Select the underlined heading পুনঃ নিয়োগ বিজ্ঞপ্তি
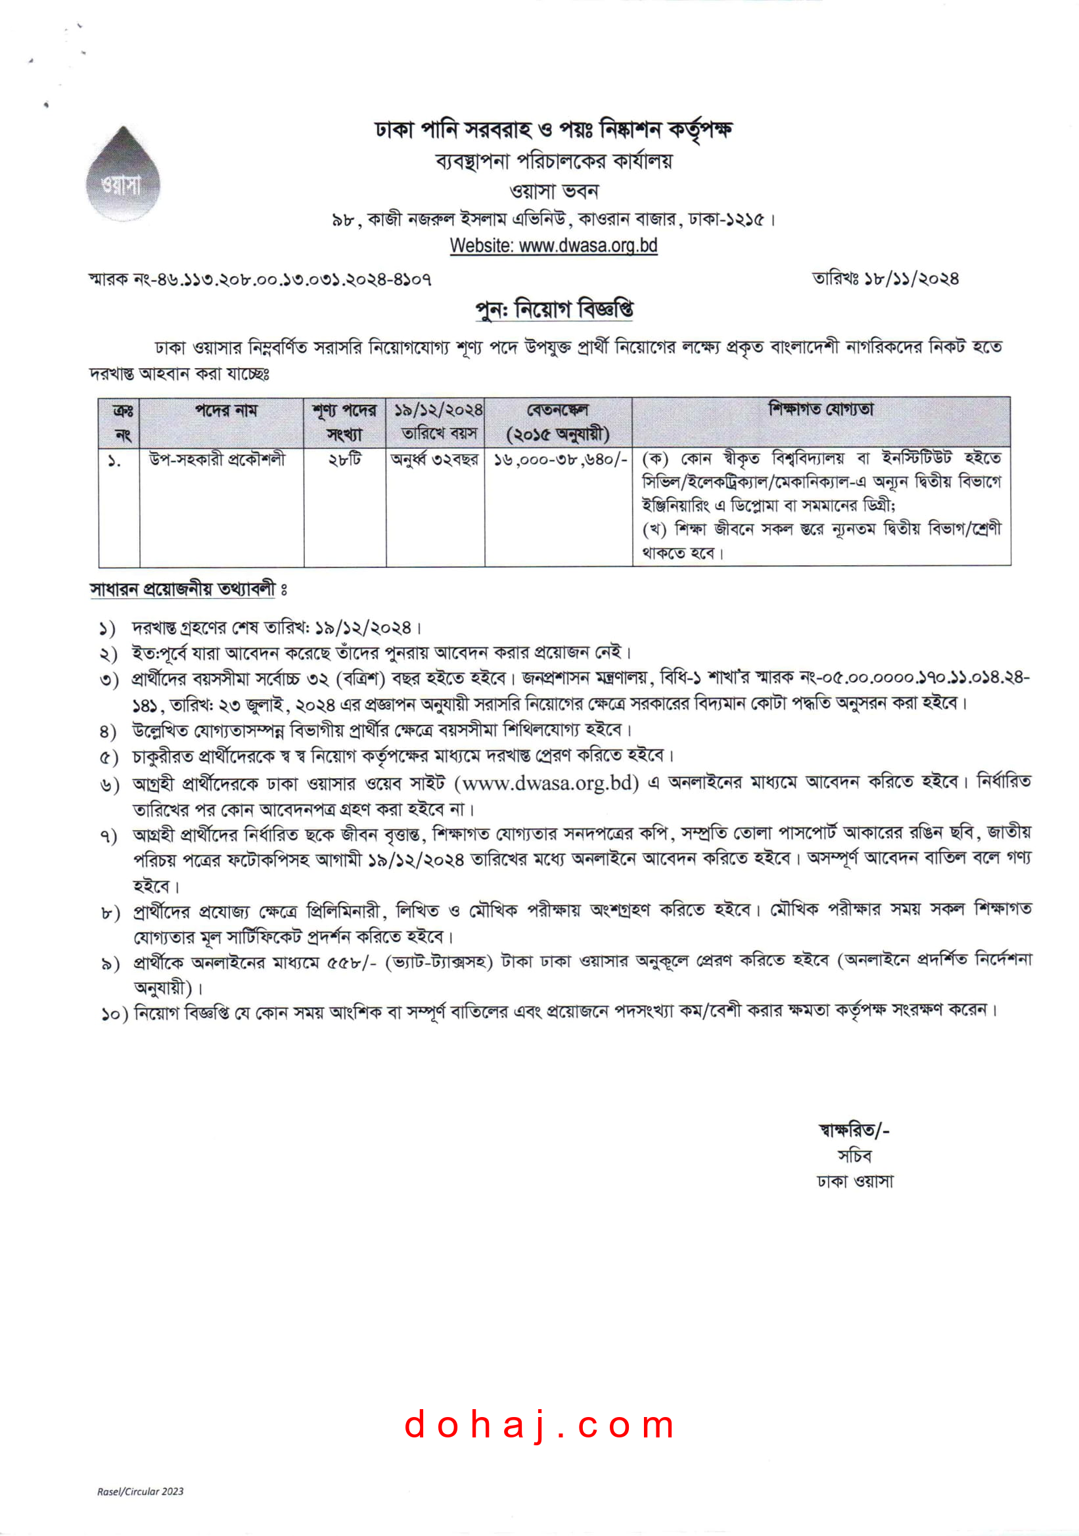tap(554, 310)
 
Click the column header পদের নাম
tap(226, 411)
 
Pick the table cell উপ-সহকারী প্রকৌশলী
tap(218, 459)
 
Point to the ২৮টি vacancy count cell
tap(344, 459)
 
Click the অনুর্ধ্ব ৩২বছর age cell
tap(435, 459)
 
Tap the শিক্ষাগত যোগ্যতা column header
tap(821, 409)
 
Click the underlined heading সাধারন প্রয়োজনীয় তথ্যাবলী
tap(183, 590)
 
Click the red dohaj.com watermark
tap(539, 1424)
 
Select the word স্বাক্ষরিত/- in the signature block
tap(854, 1130)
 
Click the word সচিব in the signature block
tap(854, 1155)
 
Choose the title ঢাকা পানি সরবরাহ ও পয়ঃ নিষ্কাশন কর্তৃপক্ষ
tap(553, 129)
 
